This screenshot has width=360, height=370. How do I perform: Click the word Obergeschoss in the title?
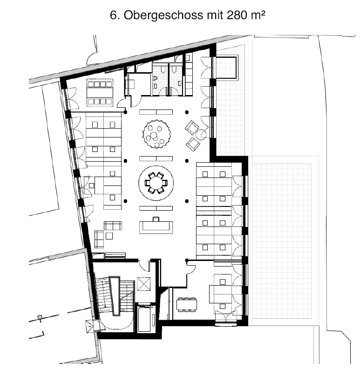(x=163, y=15)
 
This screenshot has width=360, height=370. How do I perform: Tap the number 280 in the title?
(x=238, y=15)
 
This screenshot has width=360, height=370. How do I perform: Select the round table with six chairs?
(x=156, y=183)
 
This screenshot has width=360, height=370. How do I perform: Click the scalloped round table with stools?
(x=156, y=134)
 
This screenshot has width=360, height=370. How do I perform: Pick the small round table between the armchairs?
(x=201, y=134)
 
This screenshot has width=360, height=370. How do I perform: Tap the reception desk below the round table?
(x=156, y=226)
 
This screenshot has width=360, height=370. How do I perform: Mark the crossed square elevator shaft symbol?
(x=143, y=284)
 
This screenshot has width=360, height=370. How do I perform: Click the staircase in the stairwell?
(x=115, y=295)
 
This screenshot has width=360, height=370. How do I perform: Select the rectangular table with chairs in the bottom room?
(x=187, y=305)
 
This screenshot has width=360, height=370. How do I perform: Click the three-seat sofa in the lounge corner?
(x=113, y=226)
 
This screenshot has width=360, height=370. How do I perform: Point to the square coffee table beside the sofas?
(x=109, y=236)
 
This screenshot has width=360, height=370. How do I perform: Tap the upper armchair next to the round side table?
(x=191, y=127)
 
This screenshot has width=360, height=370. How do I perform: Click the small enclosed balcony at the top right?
(x=226, y=67)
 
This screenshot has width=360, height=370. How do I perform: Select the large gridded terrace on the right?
(x=282, y=241)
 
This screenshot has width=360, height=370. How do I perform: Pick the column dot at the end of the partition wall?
(x=187, y=260)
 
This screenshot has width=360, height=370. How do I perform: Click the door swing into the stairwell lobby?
(x=144, y=266)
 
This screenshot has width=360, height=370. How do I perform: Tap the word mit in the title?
(x=215, y=15)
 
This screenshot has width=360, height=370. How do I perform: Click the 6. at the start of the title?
(x=115, y=15)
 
